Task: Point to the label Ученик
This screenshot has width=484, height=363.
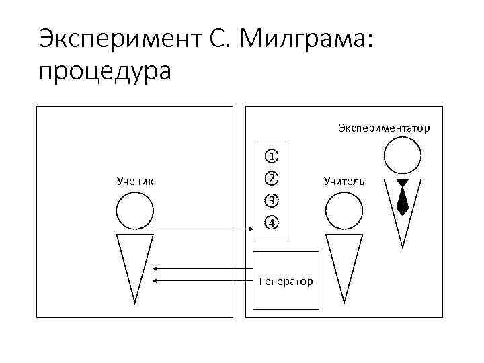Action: coord(135,181)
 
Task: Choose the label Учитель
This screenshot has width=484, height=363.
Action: coord(344,181)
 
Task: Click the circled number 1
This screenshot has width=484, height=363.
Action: coord(270,157)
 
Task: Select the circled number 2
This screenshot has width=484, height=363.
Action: coord(270,178)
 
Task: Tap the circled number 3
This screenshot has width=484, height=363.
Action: coord(270,200)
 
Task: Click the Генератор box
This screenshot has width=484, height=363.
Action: coord(286,280)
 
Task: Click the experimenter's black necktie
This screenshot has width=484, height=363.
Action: coord(403,198)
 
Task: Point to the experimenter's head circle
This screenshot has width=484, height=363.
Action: coord(403,156)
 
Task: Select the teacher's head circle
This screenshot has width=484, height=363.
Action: coord(344,212)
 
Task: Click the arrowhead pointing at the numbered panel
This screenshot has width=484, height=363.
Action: coord(247,230)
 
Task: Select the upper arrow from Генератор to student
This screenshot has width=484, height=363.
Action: coord(202,269)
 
